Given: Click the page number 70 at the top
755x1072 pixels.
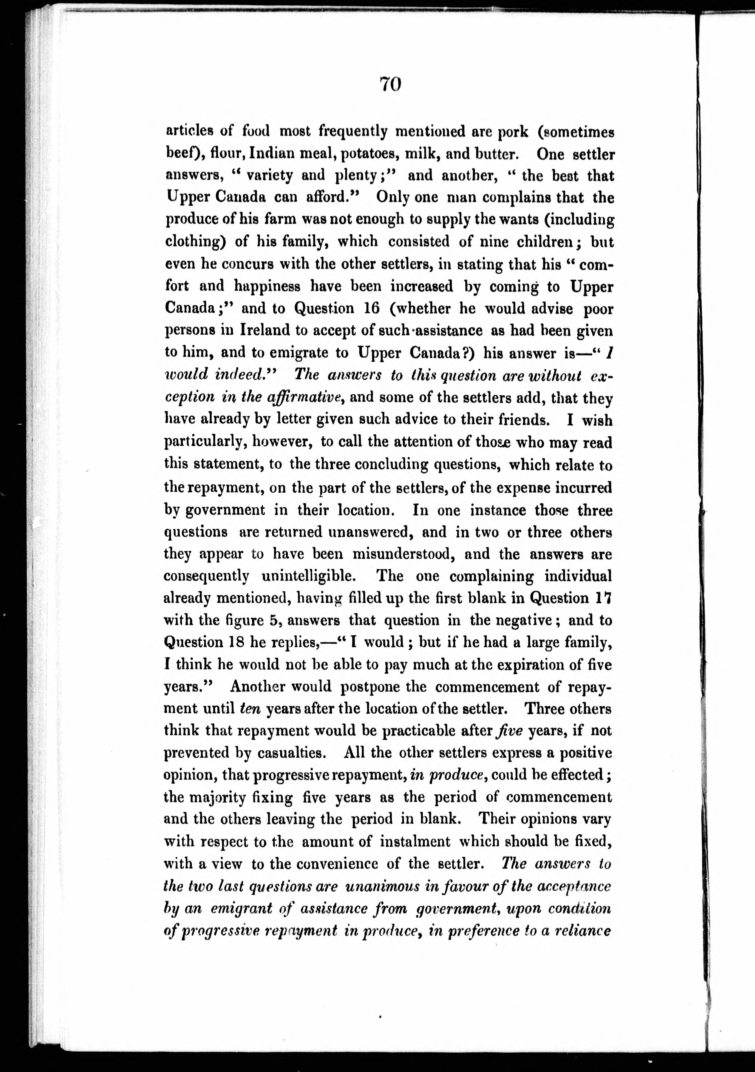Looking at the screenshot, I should [x=390, y=85].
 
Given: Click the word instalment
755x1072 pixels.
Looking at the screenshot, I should [x=415, y=841].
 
